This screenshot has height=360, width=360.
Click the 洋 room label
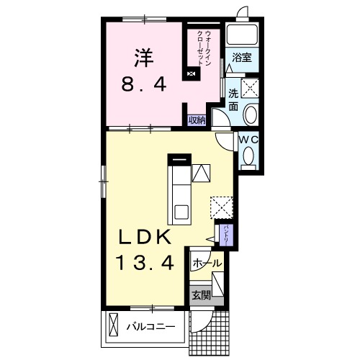pos(144,59)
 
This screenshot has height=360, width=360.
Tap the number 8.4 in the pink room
pos(144,84)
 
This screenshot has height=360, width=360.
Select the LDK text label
pos(143,236)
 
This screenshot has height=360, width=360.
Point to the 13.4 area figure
pos(145,263)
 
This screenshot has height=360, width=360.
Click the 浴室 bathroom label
pos(242,58)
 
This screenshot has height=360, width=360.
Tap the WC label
pos(248,140)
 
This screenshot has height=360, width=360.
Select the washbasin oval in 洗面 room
pos(250,114)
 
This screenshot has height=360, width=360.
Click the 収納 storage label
pos(197,120)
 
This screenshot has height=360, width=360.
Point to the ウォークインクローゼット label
pos(203,48)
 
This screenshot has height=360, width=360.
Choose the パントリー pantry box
pos(226,235)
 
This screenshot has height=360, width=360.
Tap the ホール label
pos(207,264)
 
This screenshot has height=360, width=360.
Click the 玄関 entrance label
pos(201,295)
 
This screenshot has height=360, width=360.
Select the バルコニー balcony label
pos(151,327)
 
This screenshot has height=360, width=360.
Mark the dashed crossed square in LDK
pos(222,208)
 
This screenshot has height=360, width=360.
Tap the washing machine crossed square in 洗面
pos(250,88)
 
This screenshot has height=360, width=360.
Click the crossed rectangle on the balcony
pos(114,323)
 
